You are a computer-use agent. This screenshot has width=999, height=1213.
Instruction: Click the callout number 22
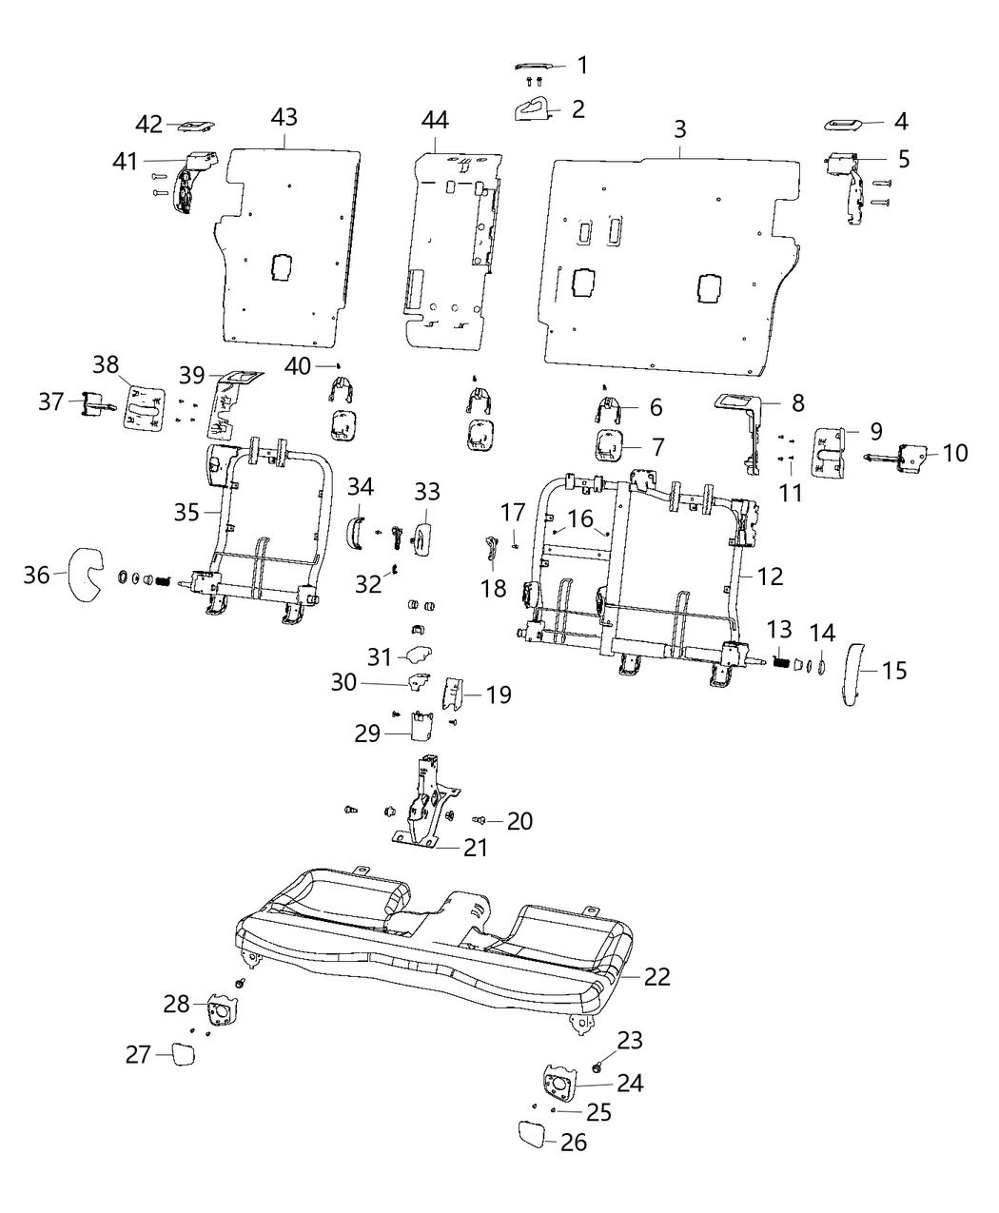tap(656, 977)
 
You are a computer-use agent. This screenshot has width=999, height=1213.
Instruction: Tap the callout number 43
tap(284, 117)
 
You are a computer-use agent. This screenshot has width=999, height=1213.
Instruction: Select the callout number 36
tap(36, 575)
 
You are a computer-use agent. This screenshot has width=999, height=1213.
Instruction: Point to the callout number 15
tap(894, 671)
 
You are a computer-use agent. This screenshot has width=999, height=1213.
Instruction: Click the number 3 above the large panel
tap(680, 129)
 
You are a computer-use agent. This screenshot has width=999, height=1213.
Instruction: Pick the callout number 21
tap(475, 848)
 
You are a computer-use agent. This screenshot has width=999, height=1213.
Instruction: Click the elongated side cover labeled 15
tap(853, 672)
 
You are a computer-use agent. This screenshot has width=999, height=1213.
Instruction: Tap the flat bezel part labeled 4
tap(842, 125)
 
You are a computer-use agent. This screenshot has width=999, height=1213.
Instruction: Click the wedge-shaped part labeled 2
tap(533, 110)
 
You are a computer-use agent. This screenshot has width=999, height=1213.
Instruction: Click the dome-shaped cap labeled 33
tap(421, 531)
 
